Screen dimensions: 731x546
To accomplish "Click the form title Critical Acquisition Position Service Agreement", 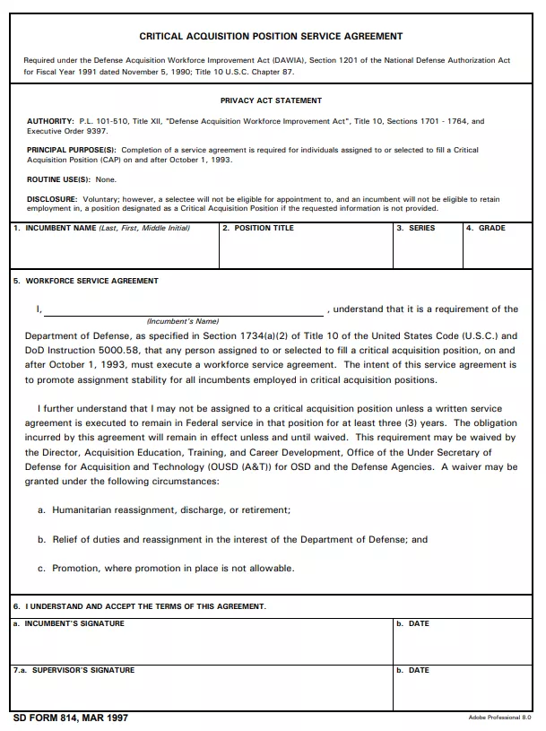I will click(271, 37).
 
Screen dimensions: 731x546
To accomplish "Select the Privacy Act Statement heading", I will click(271, 100).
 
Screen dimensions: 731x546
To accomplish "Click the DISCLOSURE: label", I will click(51, 199).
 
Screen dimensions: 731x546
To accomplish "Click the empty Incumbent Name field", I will click(114, 251).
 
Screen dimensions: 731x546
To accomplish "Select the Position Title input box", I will click(305, 251).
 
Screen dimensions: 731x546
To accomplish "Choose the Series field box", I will click(427, 251).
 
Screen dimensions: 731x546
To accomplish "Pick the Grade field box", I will click(498, 251).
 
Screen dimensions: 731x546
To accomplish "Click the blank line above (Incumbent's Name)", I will click(184, 310).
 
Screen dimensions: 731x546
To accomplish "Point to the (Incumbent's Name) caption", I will click(183, 321).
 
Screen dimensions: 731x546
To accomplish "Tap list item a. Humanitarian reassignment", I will click(164, 510).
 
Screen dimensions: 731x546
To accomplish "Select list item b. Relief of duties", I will click(232, 540).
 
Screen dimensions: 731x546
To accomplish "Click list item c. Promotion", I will click(166, 569).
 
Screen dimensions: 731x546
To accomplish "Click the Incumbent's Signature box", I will click(201, 644).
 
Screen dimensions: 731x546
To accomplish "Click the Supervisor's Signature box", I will click(201, 691).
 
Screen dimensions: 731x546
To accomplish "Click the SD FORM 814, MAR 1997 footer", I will click(71, 719).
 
